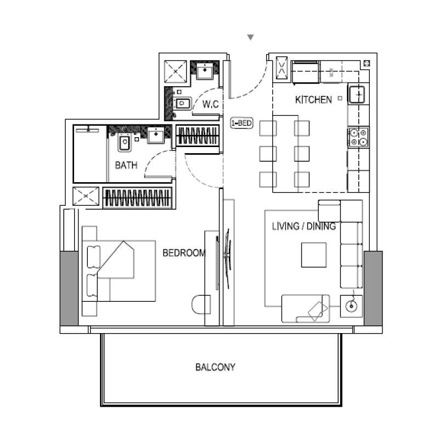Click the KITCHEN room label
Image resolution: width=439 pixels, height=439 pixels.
(313, 100)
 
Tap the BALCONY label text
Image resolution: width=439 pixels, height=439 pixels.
(215, 367)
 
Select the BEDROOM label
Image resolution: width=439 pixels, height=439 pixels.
(184, 253)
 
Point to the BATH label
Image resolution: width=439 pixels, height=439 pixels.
(126, 165)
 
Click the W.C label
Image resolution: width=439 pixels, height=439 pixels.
(211, 104)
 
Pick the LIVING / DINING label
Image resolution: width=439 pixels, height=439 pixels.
(304, 226)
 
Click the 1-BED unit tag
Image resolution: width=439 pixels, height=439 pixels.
(241, 123)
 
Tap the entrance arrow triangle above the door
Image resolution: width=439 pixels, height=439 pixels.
(250, 37)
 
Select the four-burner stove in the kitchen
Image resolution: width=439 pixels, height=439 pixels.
(358, 137)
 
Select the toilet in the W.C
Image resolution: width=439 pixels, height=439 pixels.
(182, 103)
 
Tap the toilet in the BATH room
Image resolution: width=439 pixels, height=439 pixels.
(125, 143)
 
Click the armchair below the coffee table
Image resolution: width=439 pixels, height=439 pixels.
(306, 309)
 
